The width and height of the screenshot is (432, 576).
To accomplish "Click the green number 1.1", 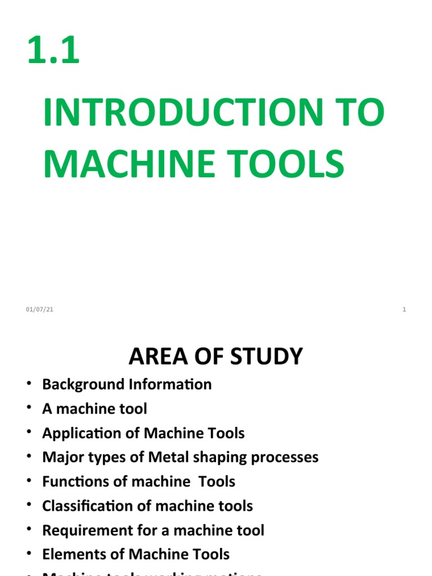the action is [x=53, y=50].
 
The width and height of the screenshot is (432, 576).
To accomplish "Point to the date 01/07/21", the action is [x=39, y=310].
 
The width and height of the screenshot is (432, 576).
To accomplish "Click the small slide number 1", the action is [x=404, y=310].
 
